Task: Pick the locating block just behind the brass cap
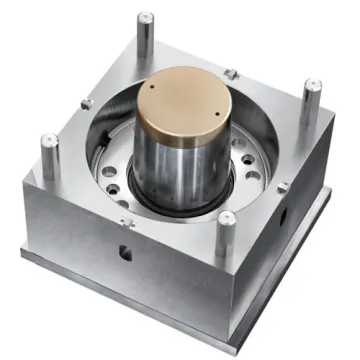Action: tap(231, 73)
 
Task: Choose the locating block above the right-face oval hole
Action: tap(283, 186)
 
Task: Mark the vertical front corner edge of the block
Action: tap(214, 290)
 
